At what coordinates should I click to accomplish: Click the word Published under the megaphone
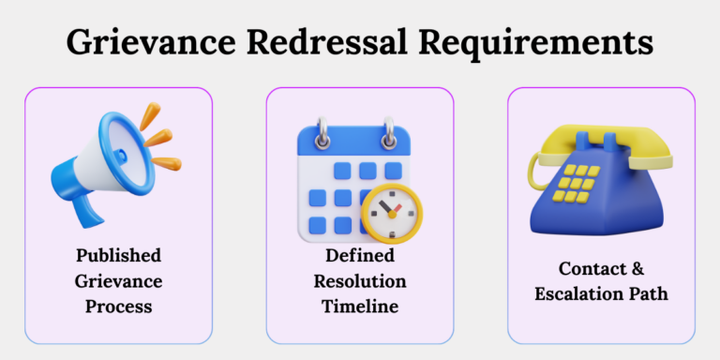[118, 256]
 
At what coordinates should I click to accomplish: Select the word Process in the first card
[118, 307]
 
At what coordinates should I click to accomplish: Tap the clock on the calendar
[392, 212]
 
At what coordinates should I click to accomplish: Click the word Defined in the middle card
[359, 256]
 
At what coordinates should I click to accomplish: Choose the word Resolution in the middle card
[359, 281]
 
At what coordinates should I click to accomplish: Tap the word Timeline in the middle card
[359, 307]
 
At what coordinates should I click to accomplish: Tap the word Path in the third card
[649, 293]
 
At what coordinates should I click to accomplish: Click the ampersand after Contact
[638, 268]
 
